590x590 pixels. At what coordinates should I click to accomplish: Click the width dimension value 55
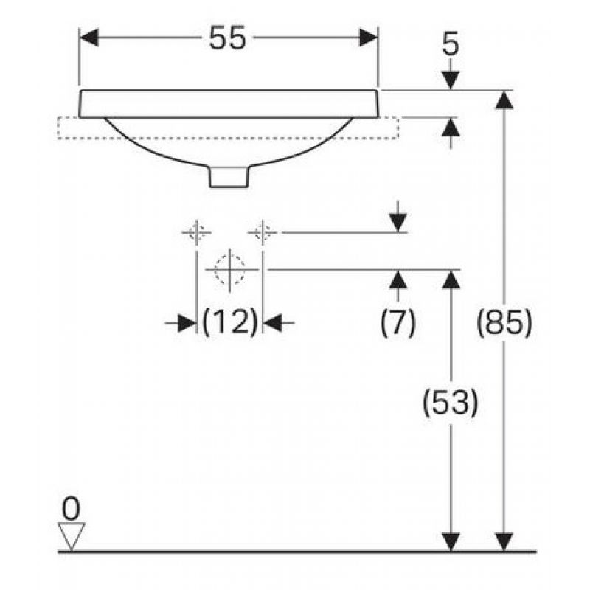pos(227,38)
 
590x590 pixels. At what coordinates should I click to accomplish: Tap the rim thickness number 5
pos(451,44)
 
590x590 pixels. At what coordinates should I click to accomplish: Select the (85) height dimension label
pos(504,322)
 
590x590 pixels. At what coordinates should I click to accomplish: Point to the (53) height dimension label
pos(451,403)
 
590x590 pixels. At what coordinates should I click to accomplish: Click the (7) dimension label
pos(398,322)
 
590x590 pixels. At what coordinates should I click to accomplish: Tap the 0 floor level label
pos(71,509)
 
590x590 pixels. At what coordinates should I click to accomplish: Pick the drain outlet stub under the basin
pos(229,177)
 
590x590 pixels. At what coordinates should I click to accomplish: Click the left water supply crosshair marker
pos(196,232)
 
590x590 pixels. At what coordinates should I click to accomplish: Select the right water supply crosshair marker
pos(263,232)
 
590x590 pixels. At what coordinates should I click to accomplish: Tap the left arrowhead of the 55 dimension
pos(89,38)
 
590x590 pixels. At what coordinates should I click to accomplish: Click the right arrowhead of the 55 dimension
pos(368,38)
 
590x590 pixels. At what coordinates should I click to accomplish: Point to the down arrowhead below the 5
pos(451,80)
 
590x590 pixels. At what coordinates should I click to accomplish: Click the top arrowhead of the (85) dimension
pos(504,100)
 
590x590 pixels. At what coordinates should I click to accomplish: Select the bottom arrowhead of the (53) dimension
pos(451,542)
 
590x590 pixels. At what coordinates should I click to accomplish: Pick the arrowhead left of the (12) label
pos(187,322)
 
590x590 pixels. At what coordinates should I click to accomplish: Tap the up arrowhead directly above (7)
pos(398,280)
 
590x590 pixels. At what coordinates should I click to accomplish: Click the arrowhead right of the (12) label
pos(272,322)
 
